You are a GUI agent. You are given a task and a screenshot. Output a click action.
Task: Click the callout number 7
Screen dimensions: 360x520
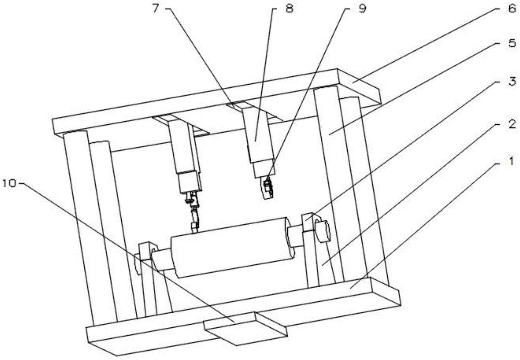pos(156,8)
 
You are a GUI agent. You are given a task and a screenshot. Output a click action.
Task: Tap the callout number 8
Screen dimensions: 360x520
pos(289,8)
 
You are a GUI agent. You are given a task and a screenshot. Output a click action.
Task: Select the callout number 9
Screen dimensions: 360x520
pos(362,8)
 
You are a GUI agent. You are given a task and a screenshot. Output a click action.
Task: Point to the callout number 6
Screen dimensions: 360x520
pos(511,8)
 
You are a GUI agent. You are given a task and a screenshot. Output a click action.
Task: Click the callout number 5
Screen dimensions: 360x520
pos(511,43)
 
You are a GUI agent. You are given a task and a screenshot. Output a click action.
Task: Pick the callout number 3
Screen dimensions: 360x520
pos(511,81)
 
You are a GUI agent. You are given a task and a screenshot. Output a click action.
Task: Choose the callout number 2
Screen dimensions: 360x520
pos(511,124)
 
